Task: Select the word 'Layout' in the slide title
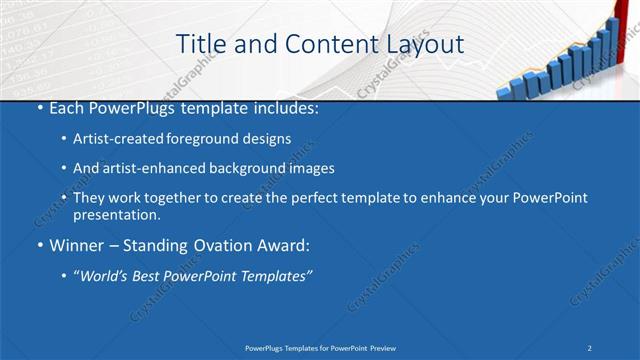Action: [421, 44]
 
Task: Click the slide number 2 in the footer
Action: [590, 347]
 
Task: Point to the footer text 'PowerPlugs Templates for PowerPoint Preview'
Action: [319, 347]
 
